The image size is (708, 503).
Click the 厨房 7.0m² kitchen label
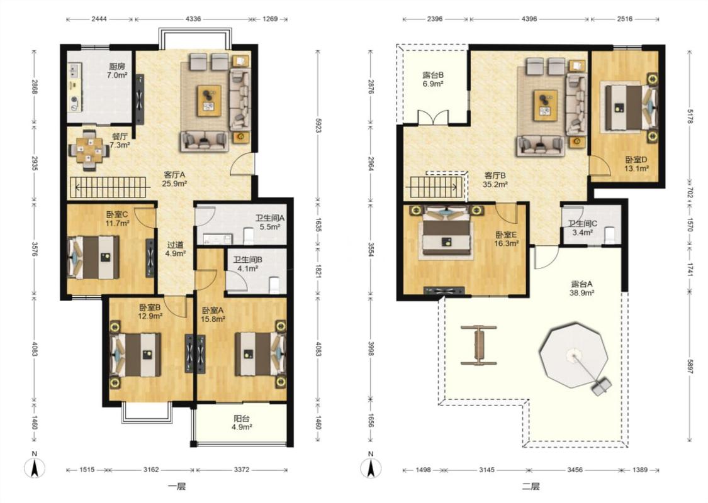[x=117, y=71]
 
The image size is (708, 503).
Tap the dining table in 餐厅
[x=89, y=150]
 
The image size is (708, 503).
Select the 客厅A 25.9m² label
[x=174, y=179]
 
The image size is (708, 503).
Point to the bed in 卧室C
[x=94, y=258]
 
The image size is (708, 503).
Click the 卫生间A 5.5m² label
[x=270, y=223]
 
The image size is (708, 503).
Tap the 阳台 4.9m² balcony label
[x=242, y=423]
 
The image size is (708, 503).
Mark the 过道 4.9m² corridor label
[x=175, y=249]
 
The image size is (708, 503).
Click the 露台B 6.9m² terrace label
[x=432, y=79]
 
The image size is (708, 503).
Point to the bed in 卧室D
[x=629, y=108]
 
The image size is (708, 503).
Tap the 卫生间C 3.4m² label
[x=583, y=228]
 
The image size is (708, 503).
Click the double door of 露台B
[x=433, y=118]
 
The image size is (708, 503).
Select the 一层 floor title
[x=177, y=487]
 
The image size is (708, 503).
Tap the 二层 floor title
[x=531, y=487]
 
